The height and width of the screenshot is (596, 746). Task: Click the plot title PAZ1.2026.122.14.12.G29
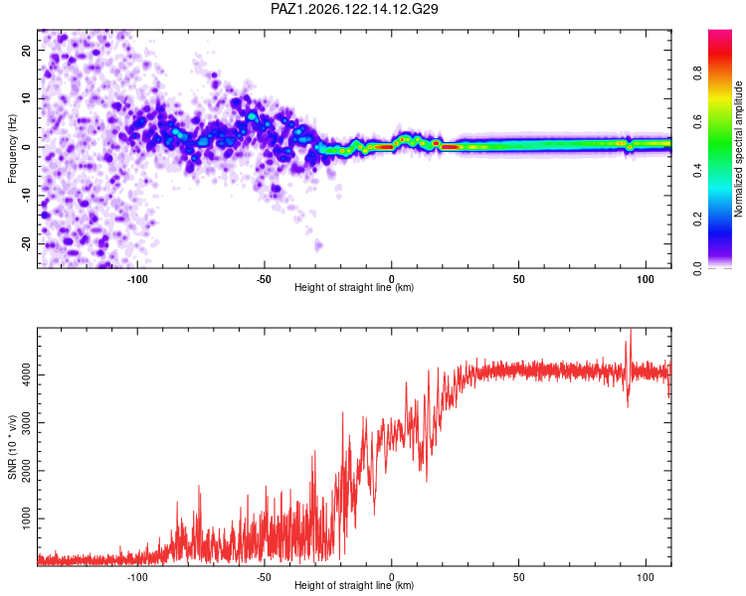[x=354, y=9]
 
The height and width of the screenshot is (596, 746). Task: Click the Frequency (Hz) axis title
[x=12, y=149]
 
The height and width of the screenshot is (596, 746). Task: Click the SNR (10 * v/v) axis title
[x=12, y=447]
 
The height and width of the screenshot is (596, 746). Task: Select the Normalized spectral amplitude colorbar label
[x=738, y=149]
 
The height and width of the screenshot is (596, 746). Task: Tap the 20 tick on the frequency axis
[x=26, y=50]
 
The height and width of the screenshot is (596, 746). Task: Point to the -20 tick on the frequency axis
[x=26, y=242]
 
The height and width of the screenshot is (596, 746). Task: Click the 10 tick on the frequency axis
[x=26, y=98]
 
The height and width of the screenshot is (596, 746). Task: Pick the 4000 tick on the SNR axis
[x=26, y=374]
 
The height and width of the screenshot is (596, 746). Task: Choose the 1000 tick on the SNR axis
[x=26, y=519]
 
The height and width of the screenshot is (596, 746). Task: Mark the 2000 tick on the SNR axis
[x=26, y=471]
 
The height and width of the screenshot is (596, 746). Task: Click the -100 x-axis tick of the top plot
[x=137, y=279]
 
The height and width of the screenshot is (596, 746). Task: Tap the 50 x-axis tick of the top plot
[x=518, y=279]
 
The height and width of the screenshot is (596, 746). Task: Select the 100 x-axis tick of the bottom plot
[x=646, y=577]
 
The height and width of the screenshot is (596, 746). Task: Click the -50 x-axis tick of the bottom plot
[x=264, y=577]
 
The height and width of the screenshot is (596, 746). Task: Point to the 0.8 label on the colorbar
[x=697, y=74]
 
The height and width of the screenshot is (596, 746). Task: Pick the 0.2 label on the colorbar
[x=697, y=220]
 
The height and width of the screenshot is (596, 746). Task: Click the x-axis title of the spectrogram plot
[x=354, y=287]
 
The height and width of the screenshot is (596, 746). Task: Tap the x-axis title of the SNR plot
[x=354, y=585]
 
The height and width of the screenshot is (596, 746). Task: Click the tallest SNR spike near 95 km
[x=631, y=330]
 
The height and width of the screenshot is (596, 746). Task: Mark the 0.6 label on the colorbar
[x=697, y=121]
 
